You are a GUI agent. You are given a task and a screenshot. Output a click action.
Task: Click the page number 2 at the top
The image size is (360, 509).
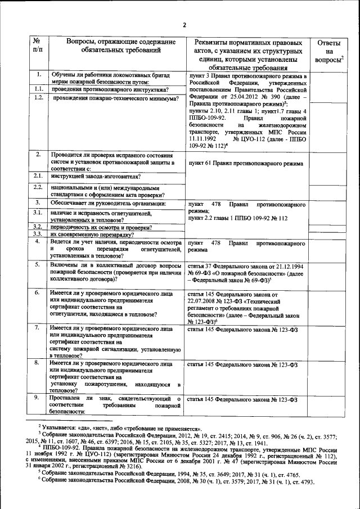click(184, 24)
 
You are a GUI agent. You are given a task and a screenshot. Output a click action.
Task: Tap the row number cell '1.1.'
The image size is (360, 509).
click(38, 89)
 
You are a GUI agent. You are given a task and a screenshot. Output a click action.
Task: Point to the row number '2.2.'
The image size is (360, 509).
click(38, 187)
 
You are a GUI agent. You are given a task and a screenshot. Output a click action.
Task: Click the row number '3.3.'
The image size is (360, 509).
click(38, 233)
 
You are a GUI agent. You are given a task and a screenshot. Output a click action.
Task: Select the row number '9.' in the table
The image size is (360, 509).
click(37, 397)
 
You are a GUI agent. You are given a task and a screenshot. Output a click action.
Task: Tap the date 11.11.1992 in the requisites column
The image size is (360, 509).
click(203, 139)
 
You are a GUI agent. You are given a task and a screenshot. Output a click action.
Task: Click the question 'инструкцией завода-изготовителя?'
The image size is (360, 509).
click(93, 177)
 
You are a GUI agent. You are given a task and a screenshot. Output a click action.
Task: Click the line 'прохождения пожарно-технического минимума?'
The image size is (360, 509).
click(115, 98)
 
